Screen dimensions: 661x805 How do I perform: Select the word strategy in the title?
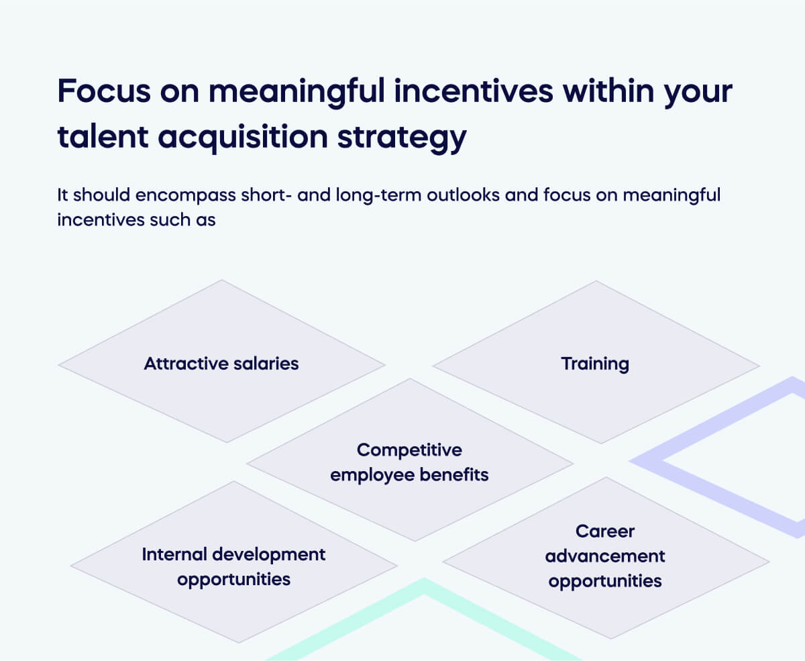click(x=395, y=138)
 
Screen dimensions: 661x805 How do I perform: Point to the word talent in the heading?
click(x=99, y=138)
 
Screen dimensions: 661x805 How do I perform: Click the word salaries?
click(x=265, y=364)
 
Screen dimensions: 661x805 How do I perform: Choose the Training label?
click(x=595, y=364)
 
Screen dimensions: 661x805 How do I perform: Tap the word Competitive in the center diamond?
click(x=409, y=449)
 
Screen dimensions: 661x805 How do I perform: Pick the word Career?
click(x=605, y=531)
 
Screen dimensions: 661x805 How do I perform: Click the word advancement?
click(x=605, y=556)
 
